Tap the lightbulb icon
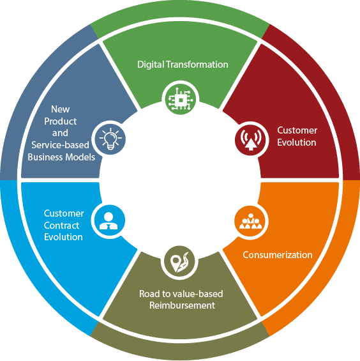110,139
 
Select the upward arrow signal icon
251,140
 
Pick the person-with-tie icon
109,221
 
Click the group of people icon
251,221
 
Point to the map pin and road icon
179,262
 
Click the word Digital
151,65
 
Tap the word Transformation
197,65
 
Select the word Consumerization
278,255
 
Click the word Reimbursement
182,305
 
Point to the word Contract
61,226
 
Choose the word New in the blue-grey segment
60,109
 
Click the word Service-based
60,145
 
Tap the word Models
80,157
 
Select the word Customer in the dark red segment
297,130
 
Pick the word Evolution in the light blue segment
63,237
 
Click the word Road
147,294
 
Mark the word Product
60,121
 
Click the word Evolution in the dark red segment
297,142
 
